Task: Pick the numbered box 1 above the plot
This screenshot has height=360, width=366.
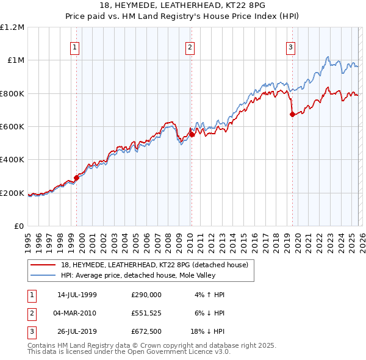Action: (74, 46)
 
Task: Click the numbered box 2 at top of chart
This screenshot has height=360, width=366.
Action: (190, 46)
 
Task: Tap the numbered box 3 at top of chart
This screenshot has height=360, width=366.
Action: (290, 46)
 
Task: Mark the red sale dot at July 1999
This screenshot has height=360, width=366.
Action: (77, 178)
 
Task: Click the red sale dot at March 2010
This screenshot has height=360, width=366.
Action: (192, 135)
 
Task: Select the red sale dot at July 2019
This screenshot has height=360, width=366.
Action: (293, 114)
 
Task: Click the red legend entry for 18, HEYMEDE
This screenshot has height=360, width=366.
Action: (146, 265)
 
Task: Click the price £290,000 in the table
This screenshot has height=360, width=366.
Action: (146, 294)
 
